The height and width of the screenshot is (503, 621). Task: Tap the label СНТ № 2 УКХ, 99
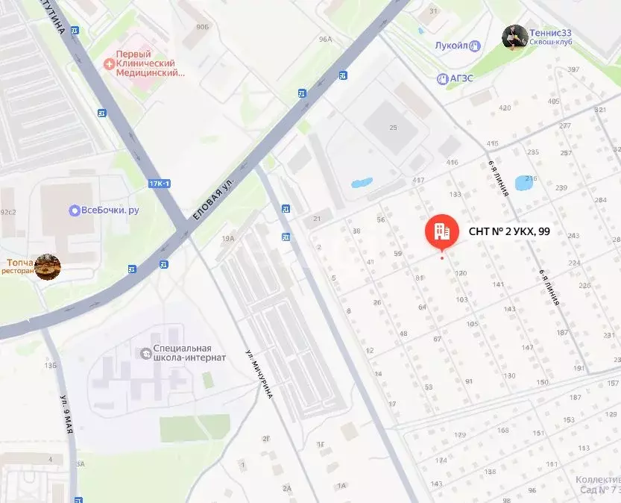[x=509, y=231]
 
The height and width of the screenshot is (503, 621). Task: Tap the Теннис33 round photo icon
[x=514, y=37]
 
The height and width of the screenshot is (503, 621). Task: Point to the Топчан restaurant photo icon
[x=48, y=266]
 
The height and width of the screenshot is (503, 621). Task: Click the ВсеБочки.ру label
[x=110, y=210]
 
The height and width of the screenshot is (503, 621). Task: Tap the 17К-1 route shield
[x=159, y=184]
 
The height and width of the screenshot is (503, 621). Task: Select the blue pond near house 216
[x=530, y=184]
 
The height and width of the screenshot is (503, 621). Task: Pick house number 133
[x=455, y=194]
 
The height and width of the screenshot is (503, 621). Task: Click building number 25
[x=393, y=128]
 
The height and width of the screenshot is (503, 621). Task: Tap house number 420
[x=505, y=108]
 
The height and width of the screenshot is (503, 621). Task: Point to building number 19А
[x=227, y=239]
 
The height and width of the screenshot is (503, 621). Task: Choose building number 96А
[x=324, y=39]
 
